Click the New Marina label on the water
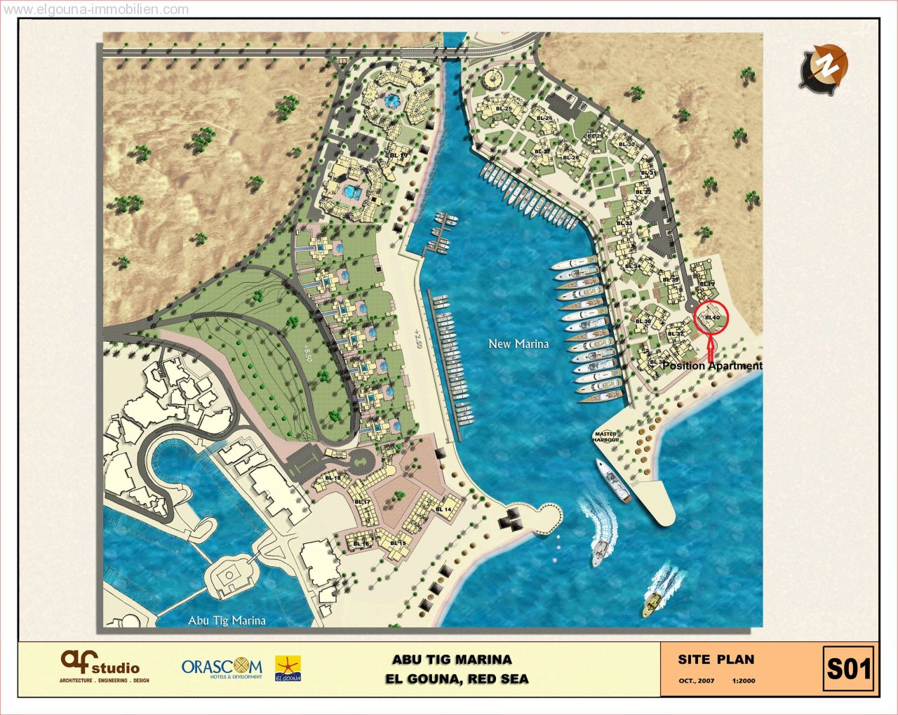tap(518, 344)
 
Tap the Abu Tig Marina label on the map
tap(227, 620)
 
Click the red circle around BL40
tap(711, 319)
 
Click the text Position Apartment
tap(711, 366)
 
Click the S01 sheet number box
tap(848, 669)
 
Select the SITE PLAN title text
tap(716, 660)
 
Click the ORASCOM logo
tap(222, 667)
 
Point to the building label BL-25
tap(503, 109)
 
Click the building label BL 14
tap(443, 509)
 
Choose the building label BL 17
tap(362, 502)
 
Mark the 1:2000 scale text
tap(743, 681)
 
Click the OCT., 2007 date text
tap(696, 681)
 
